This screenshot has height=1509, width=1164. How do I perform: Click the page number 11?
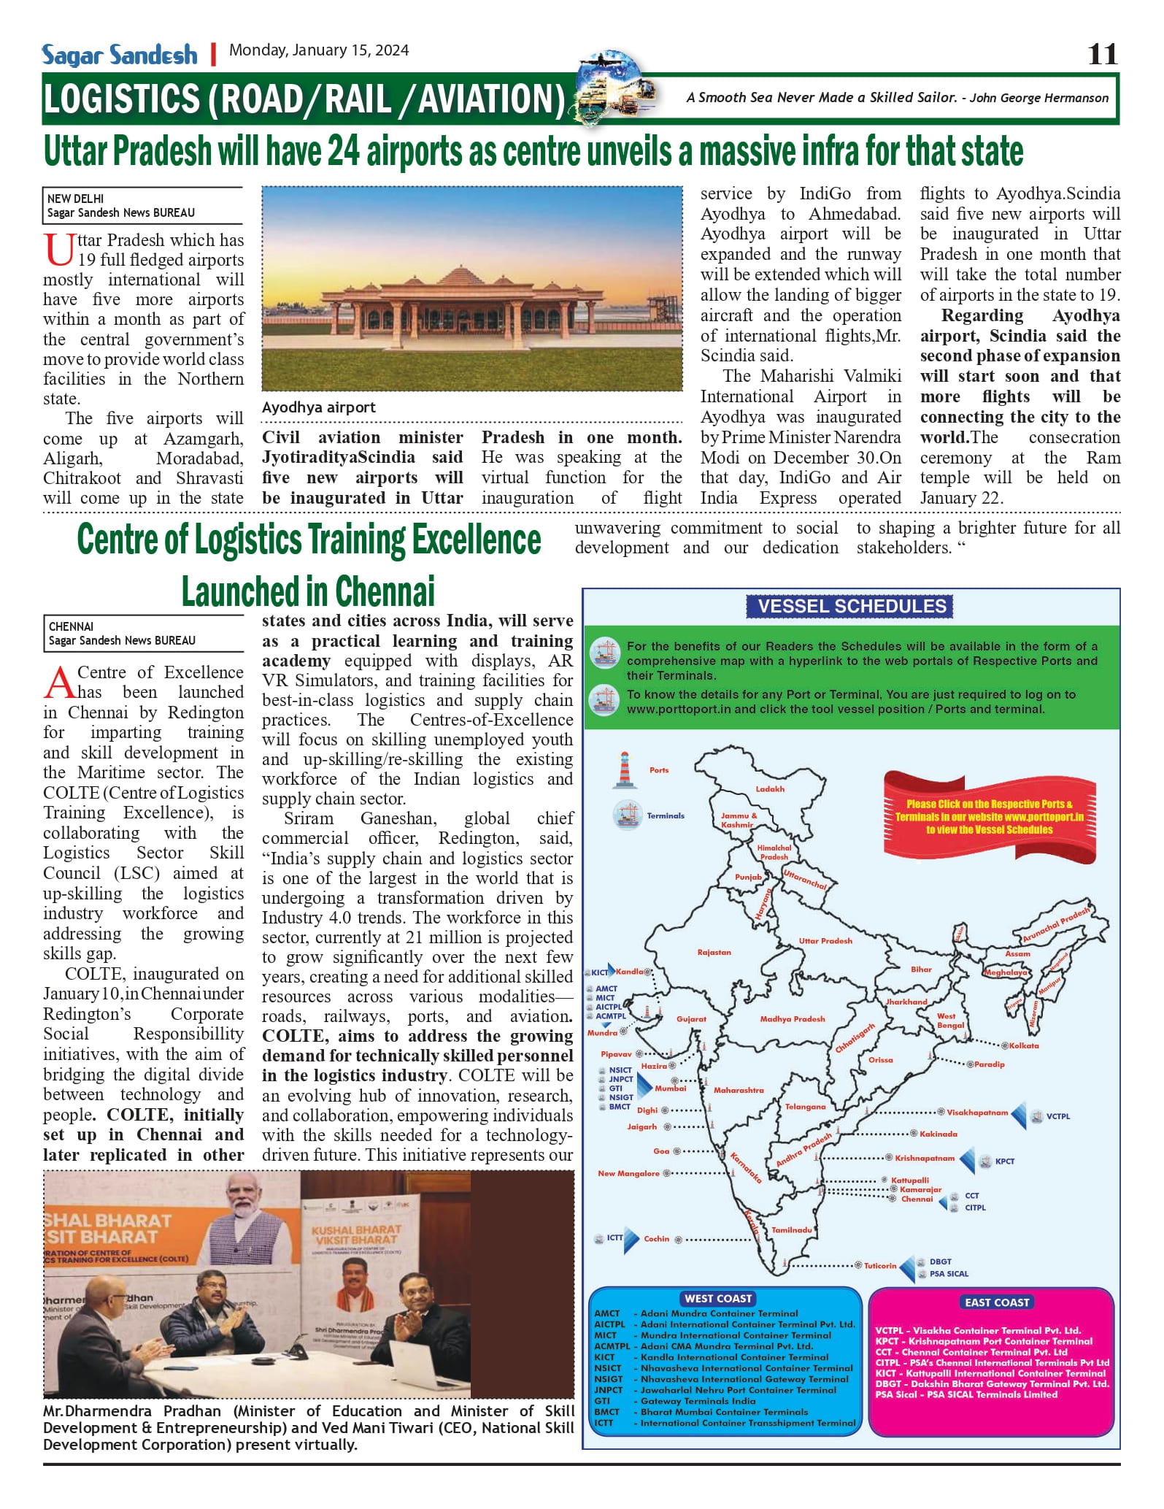tap(1102, 54)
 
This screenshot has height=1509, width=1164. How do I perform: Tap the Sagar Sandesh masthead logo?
tap(120, 55)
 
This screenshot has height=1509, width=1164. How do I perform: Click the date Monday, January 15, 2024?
tap(319, 50)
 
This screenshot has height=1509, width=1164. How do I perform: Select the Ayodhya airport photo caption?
tap(319, 407)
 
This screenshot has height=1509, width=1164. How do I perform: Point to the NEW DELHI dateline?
tap(76, 199)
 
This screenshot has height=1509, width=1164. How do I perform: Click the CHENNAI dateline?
tap(71, 626)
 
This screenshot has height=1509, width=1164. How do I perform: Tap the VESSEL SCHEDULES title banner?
tap(851, 606)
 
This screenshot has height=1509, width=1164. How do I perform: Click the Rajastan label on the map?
tap(714, 952)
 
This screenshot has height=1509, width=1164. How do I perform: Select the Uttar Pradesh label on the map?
tap(825, 940)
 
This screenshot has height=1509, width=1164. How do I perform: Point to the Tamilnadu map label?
tap(792, 1229)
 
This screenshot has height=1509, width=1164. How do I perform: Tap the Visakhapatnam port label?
tap(977, 1113)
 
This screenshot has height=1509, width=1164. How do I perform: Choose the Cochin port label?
tap(657, 1238)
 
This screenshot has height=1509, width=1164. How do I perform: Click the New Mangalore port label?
tap(628, 1173)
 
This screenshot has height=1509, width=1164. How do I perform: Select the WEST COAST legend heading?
tap(718, 1298)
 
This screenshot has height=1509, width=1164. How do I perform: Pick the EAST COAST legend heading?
tap(996, 1302)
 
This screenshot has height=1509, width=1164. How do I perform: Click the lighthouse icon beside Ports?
tap(624, 769)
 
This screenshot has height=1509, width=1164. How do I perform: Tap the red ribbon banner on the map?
tap(989, 816)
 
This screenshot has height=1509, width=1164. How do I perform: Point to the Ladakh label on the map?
tap(770, 788)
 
